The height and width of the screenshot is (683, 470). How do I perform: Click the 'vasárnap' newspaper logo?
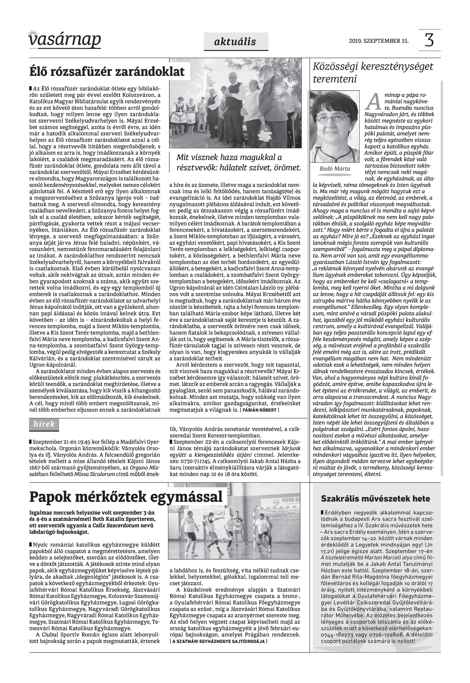(x=65, y=39)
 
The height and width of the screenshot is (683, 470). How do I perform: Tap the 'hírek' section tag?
(x=44, y=424)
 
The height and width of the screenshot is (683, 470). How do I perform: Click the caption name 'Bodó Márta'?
(x=334, y=169)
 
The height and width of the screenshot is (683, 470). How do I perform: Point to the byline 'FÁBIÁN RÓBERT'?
(x=259, y=410)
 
